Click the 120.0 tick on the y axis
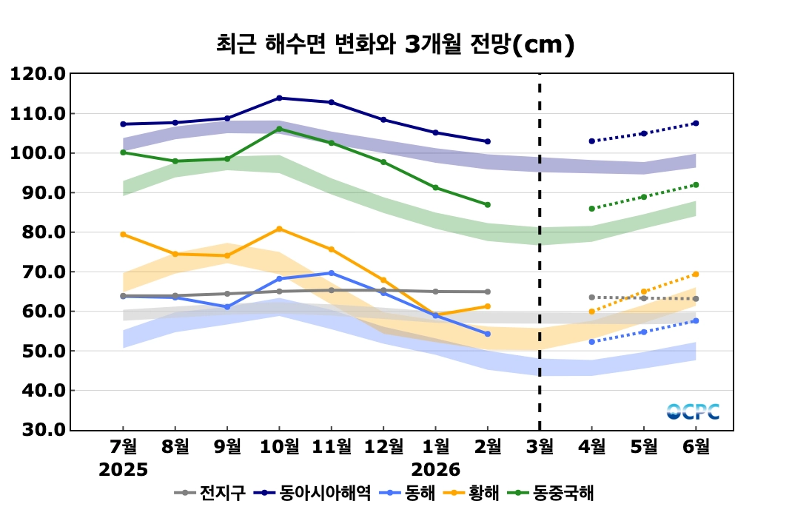(x=38, y=74)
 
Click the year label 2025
(x=124, y=469)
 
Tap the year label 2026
(x=436, y=469)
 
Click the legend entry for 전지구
(x=210, y=493)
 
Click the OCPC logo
(x=693, y=412)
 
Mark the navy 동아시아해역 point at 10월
(x=279, y=98)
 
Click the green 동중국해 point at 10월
(x=279, y=129)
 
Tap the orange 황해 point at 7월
(x=123, y=235)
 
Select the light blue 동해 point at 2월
(x=487, y=334)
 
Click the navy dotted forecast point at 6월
(x=696, y=123)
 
